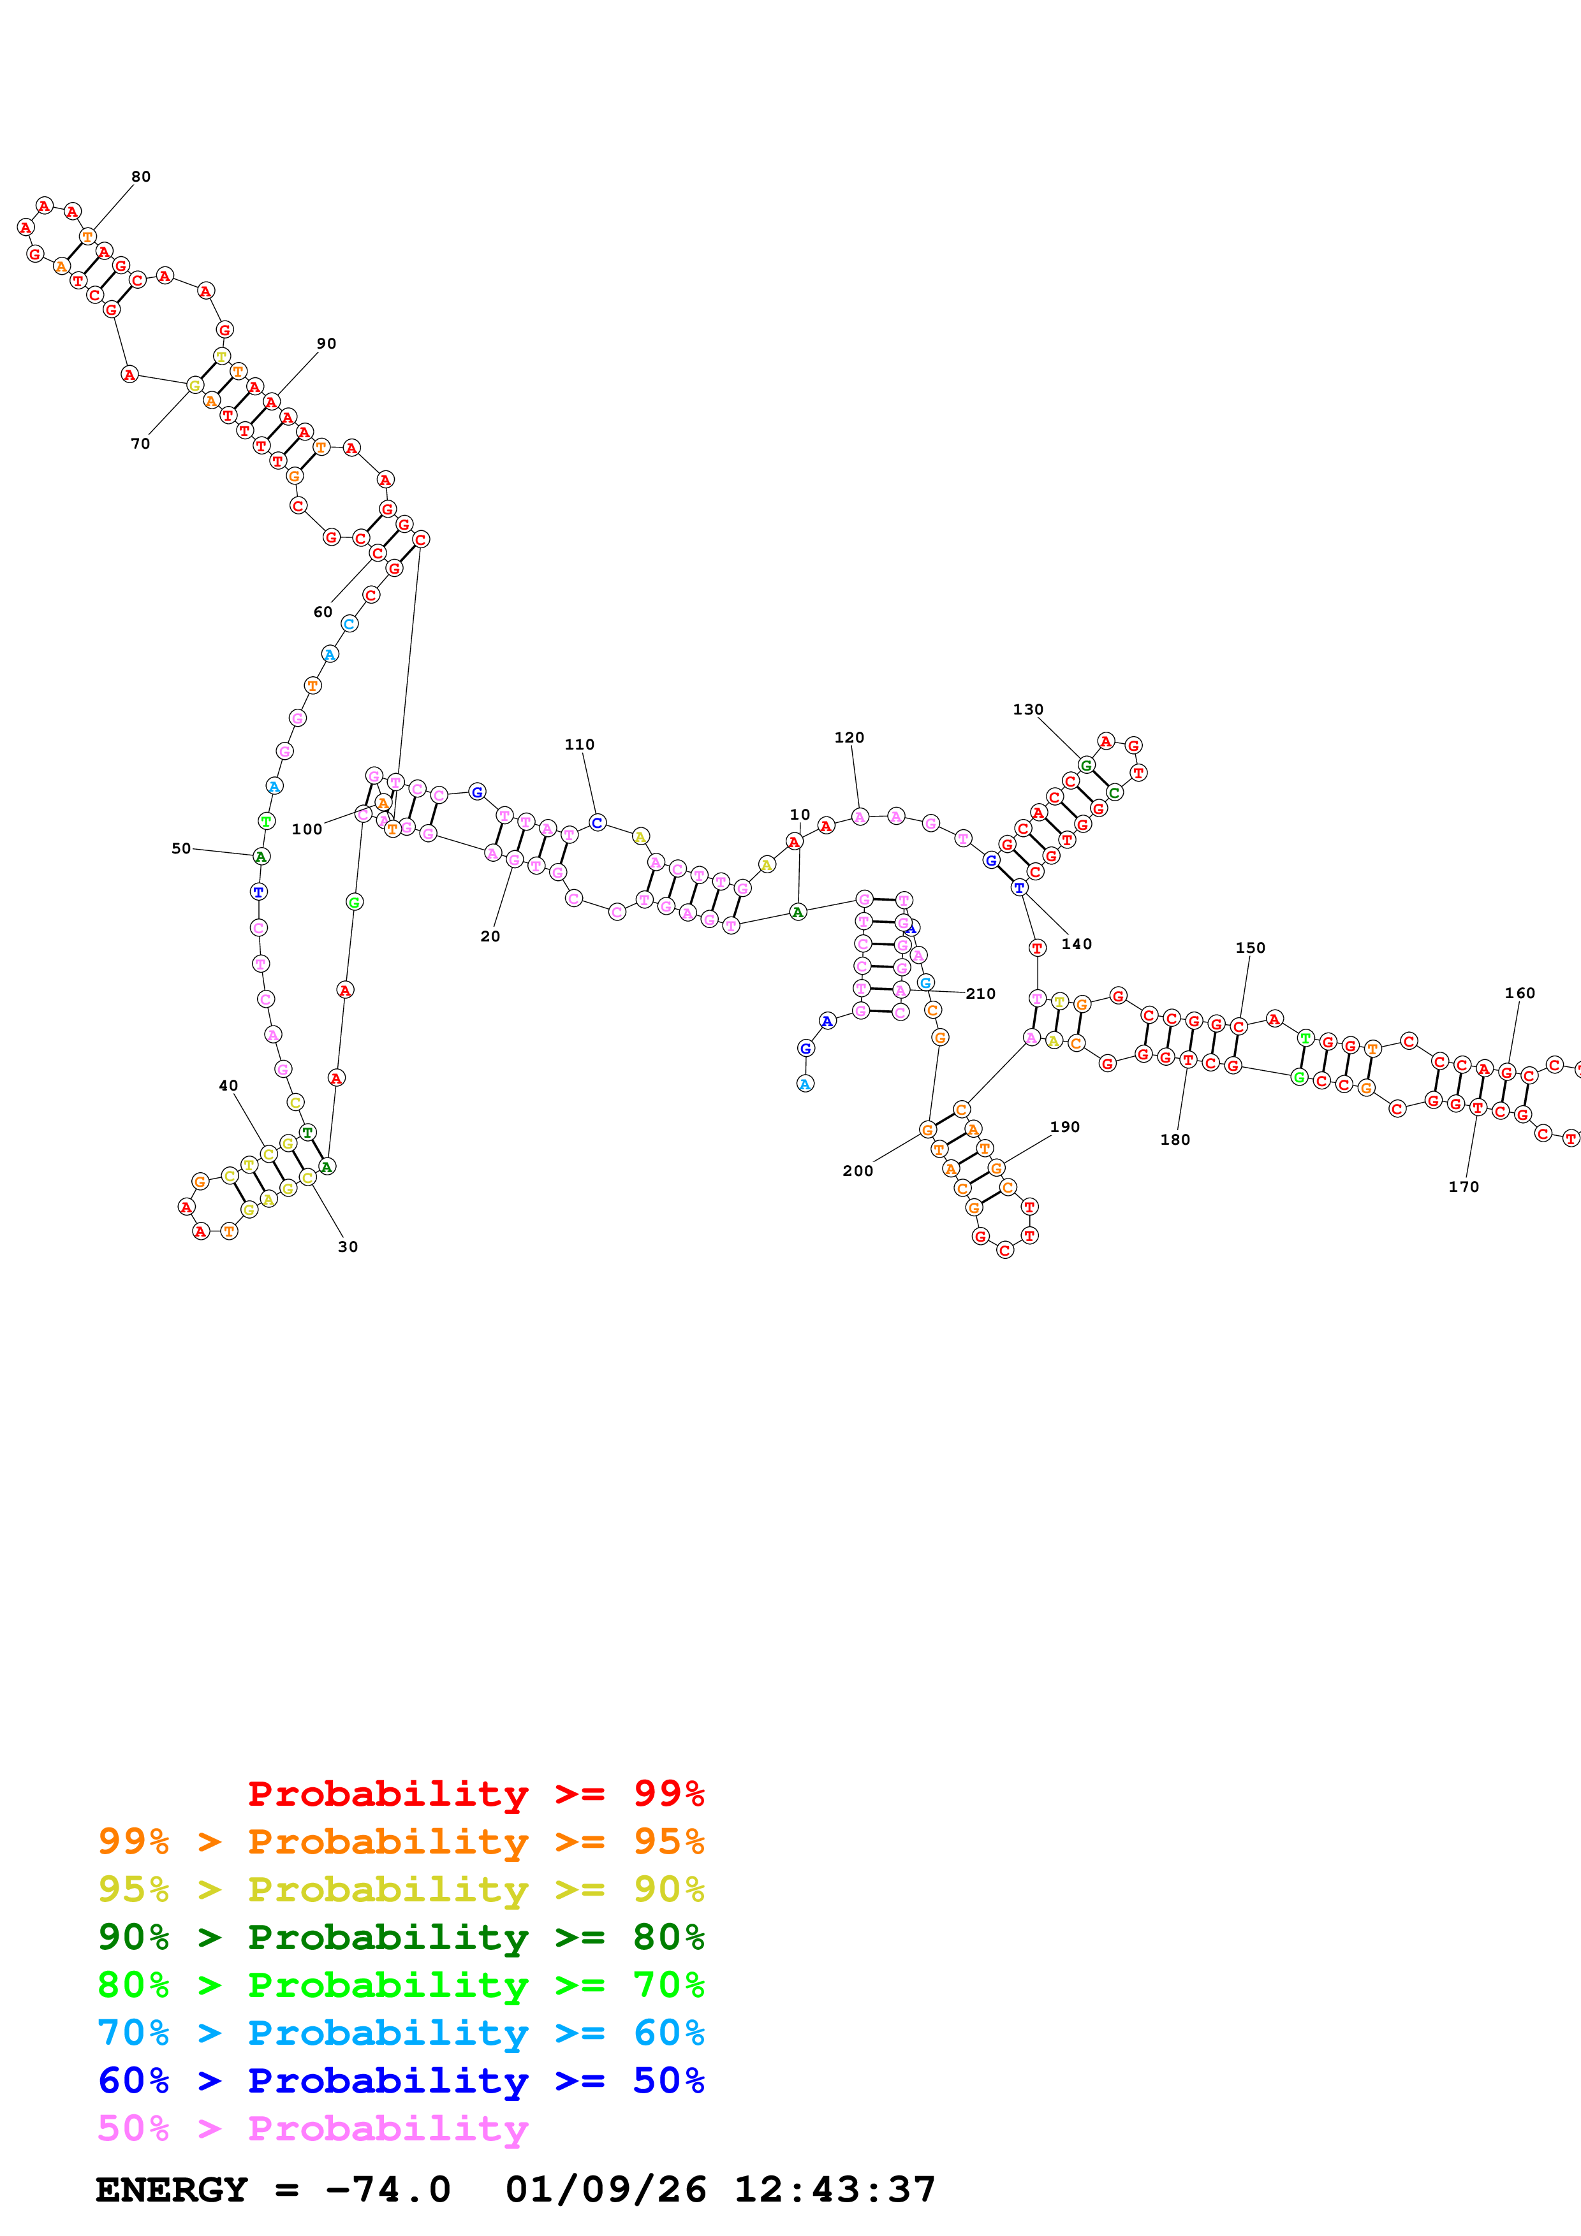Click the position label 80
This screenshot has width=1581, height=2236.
pos(141,177)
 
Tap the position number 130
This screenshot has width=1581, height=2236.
pos(1027,709)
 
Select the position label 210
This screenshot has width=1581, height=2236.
pos(980,993)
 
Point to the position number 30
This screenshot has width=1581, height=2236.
pos(348,1247)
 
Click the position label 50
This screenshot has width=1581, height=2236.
pos(181,848)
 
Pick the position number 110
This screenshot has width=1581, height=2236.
pos(580,744)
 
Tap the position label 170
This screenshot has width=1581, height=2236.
pos(1463,1186)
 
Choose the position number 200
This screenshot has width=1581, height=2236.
pos(857,1171)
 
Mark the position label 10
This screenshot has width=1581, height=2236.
pos(800,814)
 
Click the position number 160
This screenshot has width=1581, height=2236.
pos(1520,992)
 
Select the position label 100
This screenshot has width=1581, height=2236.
pos(307,829)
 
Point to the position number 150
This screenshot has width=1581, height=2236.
pos(1250,948)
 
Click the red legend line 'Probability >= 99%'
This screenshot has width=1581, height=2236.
pos(475,1793)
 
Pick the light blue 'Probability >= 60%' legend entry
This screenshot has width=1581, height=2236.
pos(401,2033)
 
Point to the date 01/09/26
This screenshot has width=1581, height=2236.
pos(605,2189)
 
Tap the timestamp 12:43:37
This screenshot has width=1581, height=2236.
pos(834,2189)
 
